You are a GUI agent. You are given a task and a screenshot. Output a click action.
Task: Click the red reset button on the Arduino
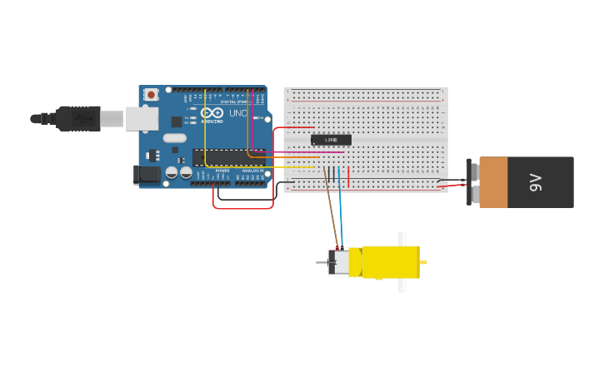click(151, 95)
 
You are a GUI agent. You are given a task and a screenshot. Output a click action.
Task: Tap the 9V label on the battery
click(536, 182)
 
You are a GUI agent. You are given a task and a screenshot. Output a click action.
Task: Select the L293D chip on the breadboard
click(331, 140)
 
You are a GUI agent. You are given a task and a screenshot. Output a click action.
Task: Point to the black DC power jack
click(147, 175)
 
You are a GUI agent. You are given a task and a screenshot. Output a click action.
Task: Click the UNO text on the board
click(238, 113)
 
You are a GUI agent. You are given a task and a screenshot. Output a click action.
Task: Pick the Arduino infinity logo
click(212, 113)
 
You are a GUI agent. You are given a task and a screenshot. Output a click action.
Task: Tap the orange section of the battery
click(493, 182)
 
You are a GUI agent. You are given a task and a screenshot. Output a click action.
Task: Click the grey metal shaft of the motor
click(322, 263)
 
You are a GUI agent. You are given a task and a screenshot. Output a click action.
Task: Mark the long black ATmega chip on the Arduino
click(230, 157)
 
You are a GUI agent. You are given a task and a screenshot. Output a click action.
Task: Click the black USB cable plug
click(78, 119)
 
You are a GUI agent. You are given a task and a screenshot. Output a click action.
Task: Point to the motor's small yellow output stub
click(423, 262)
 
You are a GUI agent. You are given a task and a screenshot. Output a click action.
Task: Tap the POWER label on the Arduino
click(222, 171)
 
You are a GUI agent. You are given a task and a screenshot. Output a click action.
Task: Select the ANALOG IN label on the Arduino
click(252, 171)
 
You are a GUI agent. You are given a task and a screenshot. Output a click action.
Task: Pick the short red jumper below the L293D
click(348, 176)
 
